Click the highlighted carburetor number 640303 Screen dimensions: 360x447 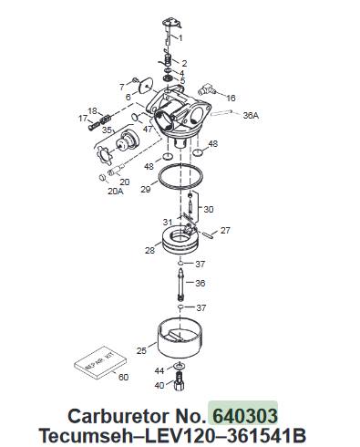tap(245, 416)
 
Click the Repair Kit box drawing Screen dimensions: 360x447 tap(100, 363)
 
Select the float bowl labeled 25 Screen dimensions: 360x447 tap(181, 338)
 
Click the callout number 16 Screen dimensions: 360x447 tap(231, 98)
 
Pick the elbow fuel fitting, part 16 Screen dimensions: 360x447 tap(207, 88)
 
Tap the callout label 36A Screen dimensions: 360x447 tap(251, 115)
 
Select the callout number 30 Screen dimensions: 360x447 tap(209, 209)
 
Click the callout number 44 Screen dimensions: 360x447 tap(159, 370)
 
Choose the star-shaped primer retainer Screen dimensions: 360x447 tap(103, 155)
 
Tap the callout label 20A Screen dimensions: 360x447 tap(116, 192)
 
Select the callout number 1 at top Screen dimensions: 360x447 tap(180, 38)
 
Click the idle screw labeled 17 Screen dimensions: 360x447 tap(95, 125)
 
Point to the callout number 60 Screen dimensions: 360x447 tap(123, 377)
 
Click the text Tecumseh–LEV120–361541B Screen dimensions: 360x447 tap(172, 435)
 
